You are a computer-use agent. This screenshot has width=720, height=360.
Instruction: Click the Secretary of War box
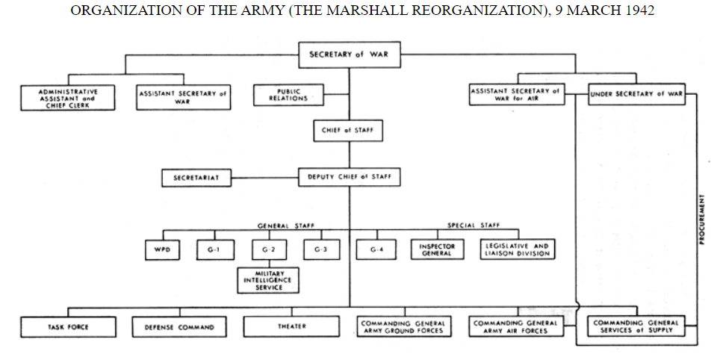tap(349, 55)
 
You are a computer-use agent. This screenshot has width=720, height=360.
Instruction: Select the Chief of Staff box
tap(349, 131)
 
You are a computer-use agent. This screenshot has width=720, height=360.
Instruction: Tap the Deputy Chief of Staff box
tap(349, 177)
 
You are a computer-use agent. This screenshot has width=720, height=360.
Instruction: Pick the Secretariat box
tap(196, 178)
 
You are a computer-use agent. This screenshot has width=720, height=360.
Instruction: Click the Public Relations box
tap(281, 95)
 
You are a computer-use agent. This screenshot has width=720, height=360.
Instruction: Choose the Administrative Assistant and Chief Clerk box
tap(68, 97)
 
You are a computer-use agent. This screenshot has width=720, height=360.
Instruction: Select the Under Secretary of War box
tap(636, 94)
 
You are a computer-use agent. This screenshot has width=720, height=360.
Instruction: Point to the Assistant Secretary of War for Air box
tap(516, 94)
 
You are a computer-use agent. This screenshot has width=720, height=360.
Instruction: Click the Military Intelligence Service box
tap(268, 281)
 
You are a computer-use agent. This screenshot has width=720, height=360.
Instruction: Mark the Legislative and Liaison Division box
tap(517, 249)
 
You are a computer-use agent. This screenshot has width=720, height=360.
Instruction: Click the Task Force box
tap(68, 326)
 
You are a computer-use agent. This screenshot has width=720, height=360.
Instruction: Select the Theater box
tap(291, 326)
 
